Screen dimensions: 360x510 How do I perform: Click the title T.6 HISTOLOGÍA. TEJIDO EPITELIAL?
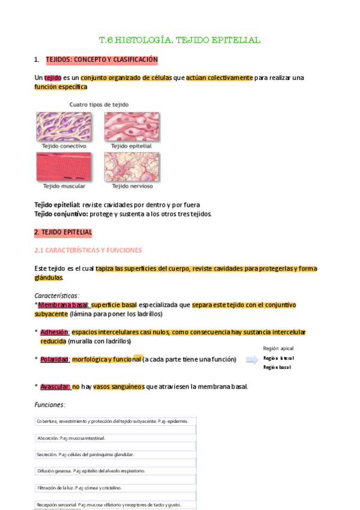point(179,40)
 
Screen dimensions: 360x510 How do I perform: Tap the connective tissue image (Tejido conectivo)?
point(64,126)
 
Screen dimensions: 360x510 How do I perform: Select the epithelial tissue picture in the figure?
point(132,126)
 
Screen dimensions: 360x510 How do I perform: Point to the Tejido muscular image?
point(64,167)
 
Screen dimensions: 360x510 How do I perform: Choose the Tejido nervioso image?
point(132,167)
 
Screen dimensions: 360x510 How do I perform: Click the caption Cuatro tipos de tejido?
point(99,104)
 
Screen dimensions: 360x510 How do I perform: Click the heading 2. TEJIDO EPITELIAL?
point(63,232)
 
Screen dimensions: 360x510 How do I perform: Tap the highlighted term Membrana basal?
point(64,305)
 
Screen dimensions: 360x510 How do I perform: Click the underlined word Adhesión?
point(55,332)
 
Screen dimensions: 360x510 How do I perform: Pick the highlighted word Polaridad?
point(55,360)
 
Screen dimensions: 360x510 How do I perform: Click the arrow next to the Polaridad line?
point(251,360)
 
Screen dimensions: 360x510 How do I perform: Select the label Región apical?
point(278,349)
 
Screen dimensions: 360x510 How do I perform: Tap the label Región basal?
point(277,367)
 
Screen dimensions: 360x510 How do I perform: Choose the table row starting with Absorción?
point(115,438)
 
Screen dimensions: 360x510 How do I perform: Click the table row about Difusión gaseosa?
point(115,471)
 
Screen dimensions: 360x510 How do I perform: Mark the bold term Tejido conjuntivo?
point(61,214)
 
